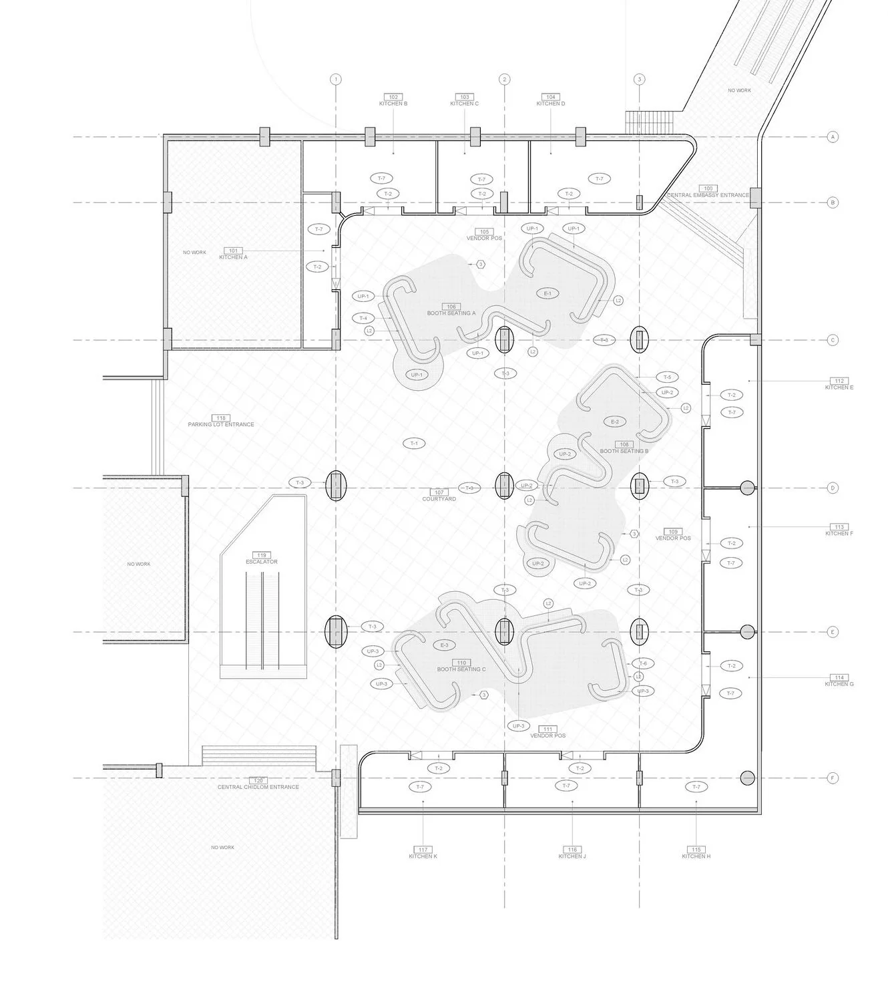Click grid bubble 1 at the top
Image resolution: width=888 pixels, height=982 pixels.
point(336,79)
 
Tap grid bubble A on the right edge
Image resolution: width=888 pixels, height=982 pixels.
point(832,137)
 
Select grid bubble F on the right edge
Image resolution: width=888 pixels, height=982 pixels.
point(832,778)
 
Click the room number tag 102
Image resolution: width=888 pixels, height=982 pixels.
point(392,97)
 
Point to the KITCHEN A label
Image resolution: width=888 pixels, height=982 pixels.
point(233,257)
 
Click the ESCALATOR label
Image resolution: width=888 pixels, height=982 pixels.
point(261,562)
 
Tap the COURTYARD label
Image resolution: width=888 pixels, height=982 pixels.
point(439,499)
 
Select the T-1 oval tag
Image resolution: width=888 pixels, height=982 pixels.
point(414,444)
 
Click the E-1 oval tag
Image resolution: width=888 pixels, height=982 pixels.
point(547,293)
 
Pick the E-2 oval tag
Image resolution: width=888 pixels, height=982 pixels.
point(615,422)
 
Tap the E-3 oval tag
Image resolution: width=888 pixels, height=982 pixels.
point(444,645)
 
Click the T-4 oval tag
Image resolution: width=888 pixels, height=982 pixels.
point(363,318)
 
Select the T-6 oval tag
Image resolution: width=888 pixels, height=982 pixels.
point(643,663)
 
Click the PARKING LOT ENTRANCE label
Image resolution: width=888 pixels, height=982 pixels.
point(221,424)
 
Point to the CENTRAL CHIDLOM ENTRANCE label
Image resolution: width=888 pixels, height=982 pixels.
point(258,787)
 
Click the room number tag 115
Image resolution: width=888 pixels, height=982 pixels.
point(696,849)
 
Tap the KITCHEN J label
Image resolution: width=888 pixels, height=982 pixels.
point(572,856)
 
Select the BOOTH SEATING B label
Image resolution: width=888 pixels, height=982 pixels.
point(624,451)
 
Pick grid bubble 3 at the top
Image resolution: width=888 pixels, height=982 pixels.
point(640,79)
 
